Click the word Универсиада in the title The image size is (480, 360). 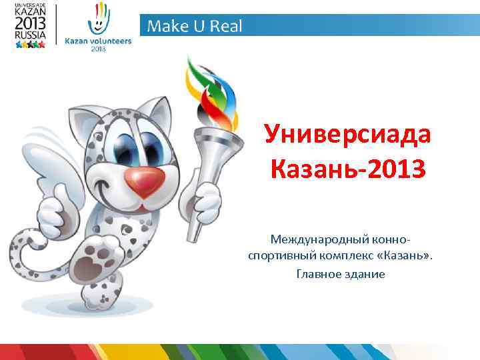[347, 136]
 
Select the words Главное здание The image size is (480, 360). [341, 273]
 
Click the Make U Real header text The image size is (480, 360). [195, 27]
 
